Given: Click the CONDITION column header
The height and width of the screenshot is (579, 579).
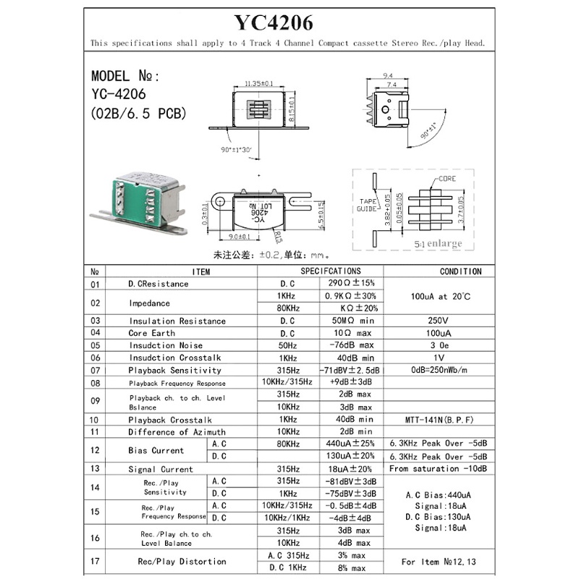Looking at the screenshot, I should tap(460, 271).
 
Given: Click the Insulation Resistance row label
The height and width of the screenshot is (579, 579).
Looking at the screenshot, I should tap(177, 321).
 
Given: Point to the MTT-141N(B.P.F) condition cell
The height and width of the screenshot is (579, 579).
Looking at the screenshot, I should tap(440, 420).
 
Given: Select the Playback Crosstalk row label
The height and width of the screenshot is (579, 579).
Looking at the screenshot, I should tap(170, 420).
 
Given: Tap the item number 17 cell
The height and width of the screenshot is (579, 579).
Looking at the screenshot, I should tap(94, 561).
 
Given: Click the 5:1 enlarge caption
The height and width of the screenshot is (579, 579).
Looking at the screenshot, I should tap(438, 244).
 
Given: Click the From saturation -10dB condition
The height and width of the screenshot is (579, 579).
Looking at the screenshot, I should tap(439, 468).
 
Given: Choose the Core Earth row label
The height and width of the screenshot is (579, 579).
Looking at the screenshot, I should tap(152, 333).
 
